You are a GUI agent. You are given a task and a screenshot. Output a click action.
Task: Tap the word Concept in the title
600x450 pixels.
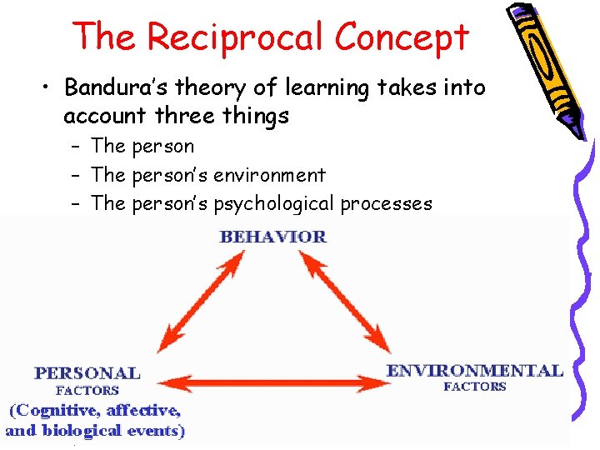(x=402, y=37)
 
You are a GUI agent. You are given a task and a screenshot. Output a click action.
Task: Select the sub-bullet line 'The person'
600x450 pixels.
(x=142, y=147)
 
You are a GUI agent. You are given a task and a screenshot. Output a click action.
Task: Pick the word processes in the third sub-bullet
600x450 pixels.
(x=386, y=204)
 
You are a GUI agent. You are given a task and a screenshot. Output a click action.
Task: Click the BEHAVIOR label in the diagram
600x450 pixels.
(x=272, y=237)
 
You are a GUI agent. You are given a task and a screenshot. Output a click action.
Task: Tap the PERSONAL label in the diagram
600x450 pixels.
(x=87, y=372)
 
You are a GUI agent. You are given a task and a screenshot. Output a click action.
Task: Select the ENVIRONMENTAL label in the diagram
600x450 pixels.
(x=474, y=370)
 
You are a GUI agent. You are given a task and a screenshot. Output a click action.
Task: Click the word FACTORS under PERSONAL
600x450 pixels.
(x=87, y=390)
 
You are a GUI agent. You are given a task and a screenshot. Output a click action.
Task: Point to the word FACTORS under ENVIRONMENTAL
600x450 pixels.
(x=474, y=387)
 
